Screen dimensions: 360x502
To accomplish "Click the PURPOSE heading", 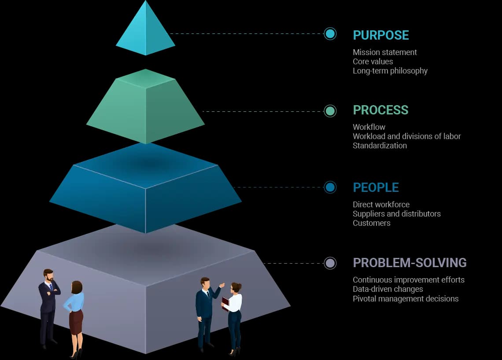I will (x=381, y=35).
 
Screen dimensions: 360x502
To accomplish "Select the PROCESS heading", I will (x=380, y=110).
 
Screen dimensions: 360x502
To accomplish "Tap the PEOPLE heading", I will (x=376, y=187).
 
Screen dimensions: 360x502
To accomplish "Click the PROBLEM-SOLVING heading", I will (x=410, y=263).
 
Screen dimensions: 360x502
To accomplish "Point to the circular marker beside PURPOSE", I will (x=330, y=33).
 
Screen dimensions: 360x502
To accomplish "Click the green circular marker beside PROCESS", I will (x=330, y=111).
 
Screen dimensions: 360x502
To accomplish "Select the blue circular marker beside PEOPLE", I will (x=330, y=187).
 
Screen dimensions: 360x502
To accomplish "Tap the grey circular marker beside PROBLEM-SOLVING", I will (x=330, y=263).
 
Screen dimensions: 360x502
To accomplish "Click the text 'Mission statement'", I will (x=384, y=52).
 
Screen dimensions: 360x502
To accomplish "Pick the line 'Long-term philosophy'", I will (x=390, y=71).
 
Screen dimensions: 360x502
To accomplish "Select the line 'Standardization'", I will (x=380, y=146).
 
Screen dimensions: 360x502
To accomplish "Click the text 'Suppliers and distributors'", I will (x=396, y=214).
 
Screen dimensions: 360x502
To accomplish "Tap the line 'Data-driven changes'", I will (x=388, y=289).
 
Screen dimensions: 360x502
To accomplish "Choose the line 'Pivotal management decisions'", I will (x=405, y=299).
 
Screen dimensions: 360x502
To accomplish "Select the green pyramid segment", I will (x=145, y=108).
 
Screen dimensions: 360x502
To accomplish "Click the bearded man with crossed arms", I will (x=48, y=304).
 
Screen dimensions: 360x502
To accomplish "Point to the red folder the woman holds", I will (x=225, y=304).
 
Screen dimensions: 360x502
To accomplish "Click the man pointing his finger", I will (x=205, y=308).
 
